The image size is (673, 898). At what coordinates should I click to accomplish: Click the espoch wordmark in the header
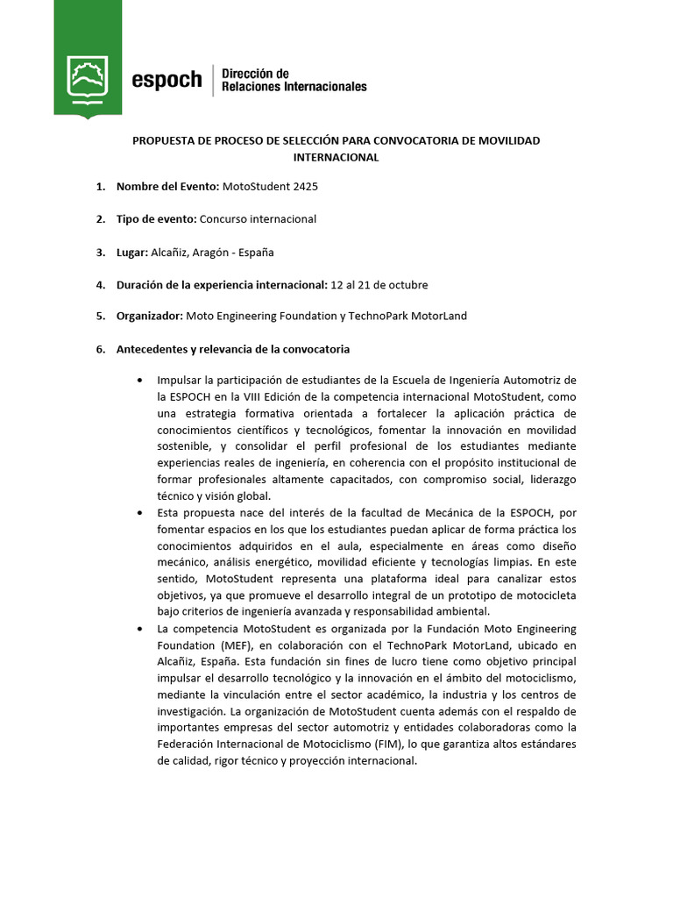coord(166,80)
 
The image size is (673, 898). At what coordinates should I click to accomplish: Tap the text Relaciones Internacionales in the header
coord(294,87)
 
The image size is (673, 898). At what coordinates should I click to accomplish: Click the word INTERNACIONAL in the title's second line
coord(336,158)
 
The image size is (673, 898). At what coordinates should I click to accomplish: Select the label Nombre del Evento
coord(167,187)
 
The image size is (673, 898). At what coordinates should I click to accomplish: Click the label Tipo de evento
coord(157,219)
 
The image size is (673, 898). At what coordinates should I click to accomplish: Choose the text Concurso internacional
coord(258,219)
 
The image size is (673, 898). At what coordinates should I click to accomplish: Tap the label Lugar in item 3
coord(131,253)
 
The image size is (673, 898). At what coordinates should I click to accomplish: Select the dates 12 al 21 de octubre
coord(379,285)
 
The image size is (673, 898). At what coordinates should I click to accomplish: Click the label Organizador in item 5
coord(150,316)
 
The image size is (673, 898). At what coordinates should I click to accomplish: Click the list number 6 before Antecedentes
coord(100,349)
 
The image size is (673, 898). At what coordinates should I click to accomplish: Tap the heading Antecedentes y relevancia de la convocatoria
coord(233,349)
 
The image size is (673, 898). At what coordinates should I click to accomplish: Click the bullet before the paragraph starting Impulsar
coord(141,381)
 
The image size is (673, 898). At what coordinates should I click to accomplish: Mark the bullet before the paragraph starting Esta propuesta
coord(141,512)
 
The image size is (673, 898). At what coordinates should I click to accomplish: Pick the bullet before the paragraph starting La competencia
coord(141,630)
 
